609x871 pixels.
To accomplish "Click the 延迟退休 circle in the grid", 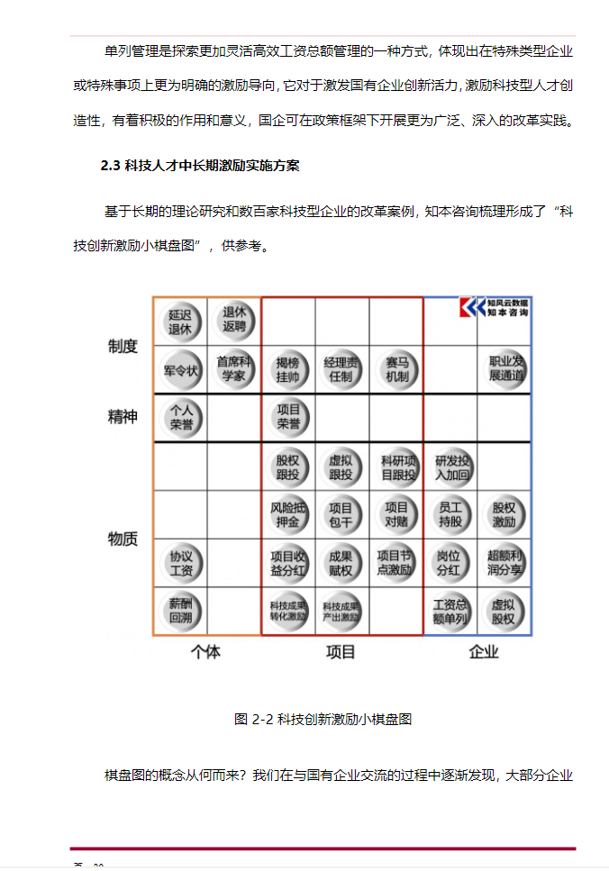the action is coord(180,322).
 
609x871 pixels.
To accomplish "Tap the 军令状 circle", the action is coord(180,369).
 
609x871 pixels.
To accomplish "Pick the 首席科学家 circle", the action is coord(234,369).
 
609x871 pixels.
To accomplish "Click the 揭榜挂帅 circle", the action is coord(288,369).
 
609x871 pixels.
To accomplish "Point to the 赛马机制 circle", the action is coord(396,369).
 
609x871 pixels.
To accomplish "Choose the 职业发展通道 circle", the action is coord(505,369).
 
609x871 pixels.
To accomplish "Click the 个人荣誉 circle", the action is coord(180,417).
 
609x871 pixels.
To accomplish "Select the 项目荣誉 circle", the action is coord(288,417).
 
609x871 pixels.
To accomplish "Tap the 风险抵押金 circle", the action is coord(288,514).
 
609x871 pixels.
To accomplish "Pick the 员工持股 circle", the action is coord(450,514).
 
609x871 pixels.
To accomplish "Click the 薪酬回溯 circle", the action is coord(180,612).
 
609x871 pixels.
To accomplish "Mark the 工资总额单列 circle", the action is coord(450,612).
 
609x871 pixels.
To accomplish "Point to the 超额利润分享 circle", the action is coord(505,563).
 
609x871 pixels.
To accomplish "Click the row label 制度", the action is coord(123,346).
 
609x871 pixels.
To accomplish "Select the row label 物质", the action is coord(123,539).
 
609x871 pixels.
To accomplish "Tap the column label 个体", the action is coord(206,651).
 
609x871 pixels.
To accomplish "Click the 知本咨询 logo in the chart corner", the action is coord(494,307).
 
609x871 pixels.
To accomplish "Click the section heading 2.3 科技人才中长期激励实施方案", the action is coord(200,166).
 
